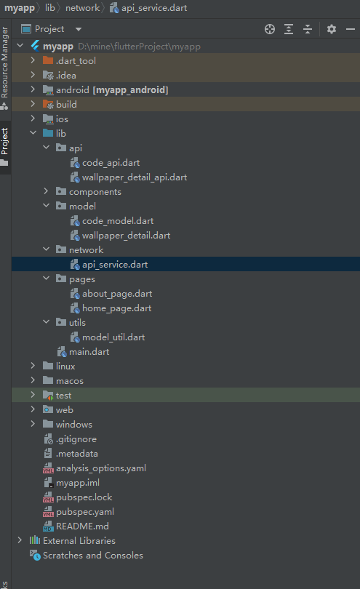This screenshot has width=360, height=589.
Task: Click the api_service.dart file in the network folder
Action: coord(115,265)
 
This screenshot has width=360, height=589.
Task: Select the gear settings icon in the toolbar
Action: coord(331,29)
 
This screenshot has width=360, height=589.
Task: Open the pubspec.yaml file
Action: coord(85,512)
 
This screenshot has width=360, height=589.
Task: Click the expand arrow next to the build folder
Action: coord(33,104)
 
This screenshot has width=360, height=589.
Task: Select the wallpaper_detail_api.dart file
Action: coord(135,177)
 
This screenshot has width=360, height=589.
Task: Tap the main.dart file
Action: coord(89,352)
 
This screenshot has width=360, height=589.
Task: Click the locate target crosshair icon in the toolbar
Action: coord(269,29)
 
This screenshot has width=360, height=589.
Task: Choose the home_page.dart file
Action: coord(116,308)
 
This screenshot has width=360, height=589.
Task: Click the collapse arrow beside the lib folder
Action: coord(33,132)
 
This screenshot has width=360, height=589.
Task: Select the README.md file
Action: coord(82,526)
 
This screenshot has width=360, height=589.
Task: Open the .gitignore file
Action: coord(76,439)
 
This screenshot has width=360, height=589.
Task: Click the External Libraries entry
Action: coord(79,540)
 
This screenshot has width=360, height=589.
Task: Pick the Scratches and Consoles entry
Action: coord(93,556)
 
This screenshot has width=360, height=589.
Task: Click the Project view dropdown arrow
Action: coord(78,29)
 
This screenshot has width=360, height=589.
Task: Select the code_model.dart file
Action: coord(118,221)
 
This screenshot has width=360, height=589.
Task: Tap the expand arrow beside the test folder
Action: coord(33,394)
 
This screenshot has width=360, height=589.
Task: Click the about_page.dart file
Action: coord(117,294)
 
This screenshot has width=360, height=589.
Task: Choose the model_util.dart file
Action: coord(113,337)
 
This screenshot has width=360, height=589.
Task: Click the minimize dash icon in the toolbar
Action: coord(351,29)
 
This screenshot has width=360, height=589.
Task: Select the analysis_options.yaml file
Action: coord(100,468)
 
